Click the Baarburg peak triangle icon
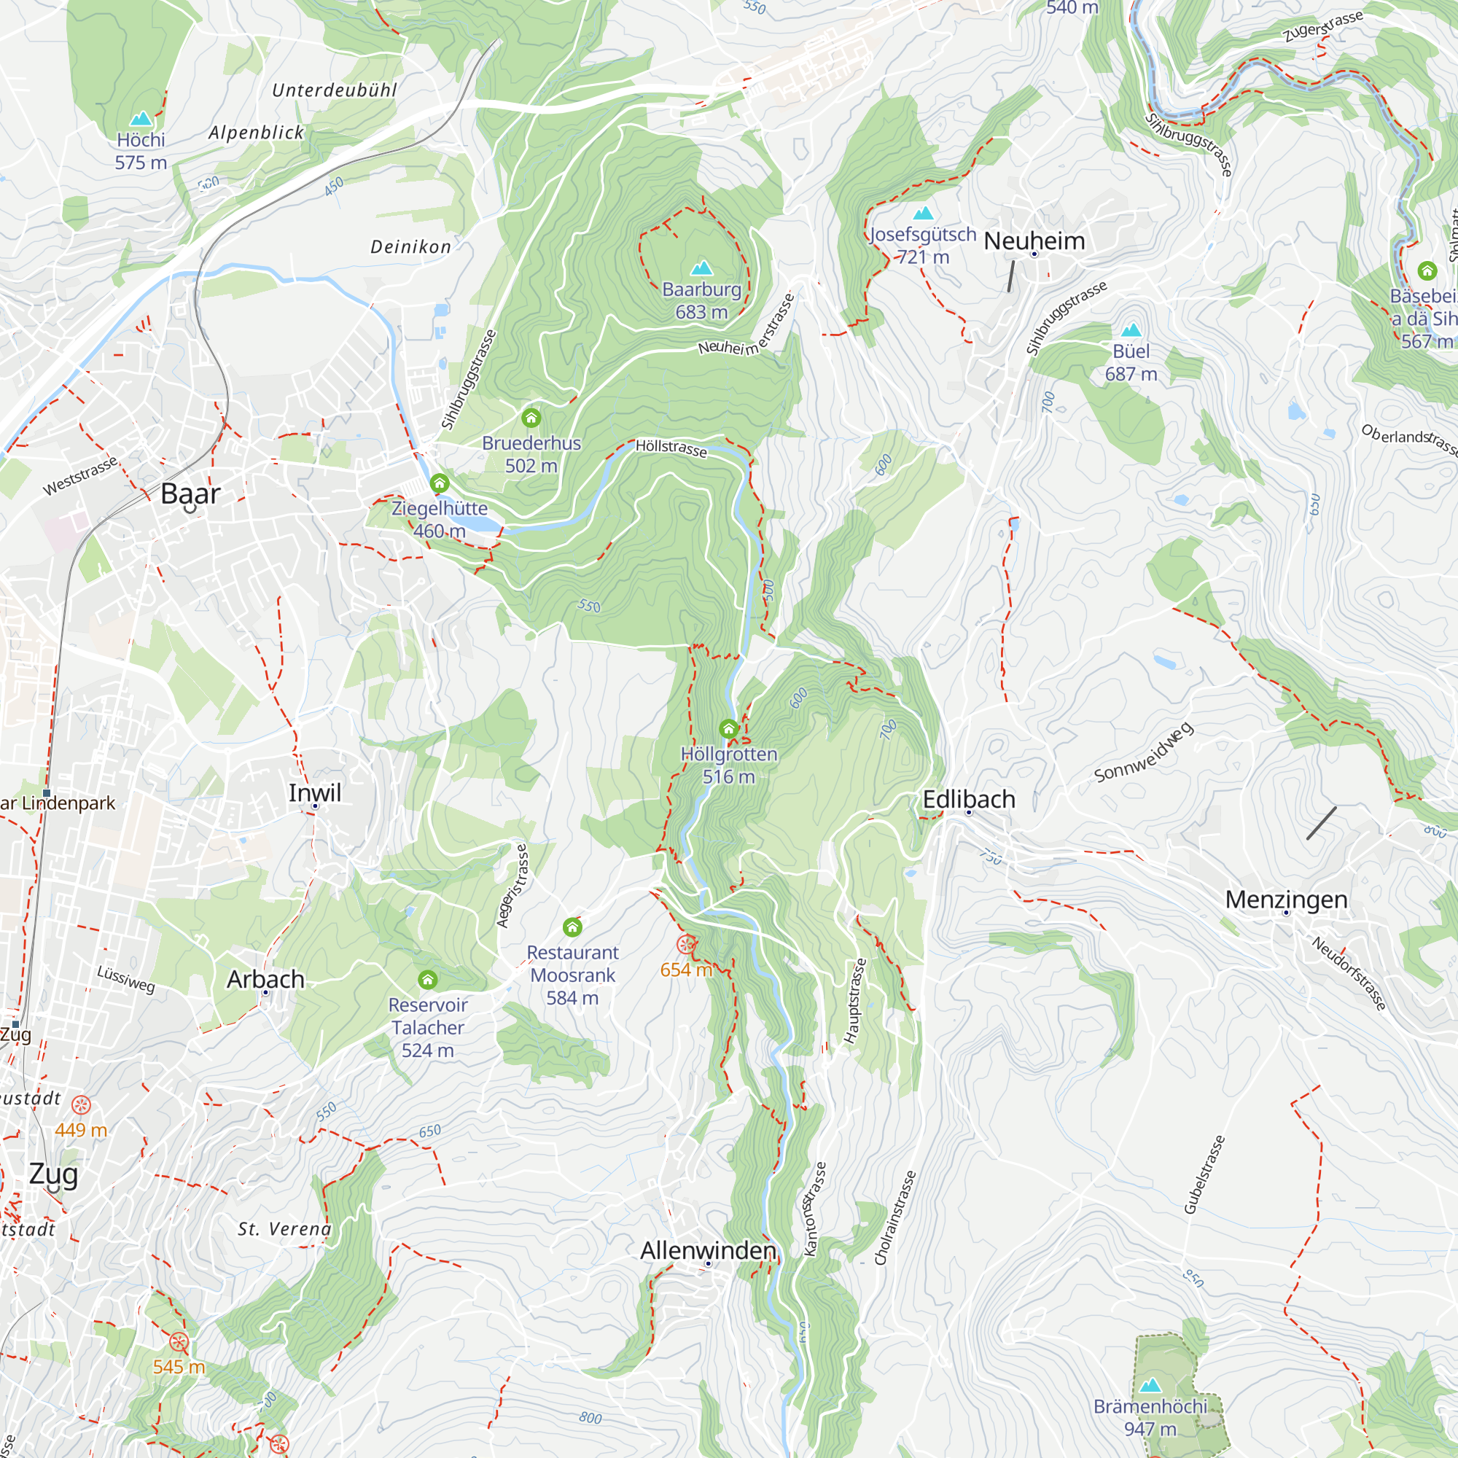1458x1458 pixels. (x=702, y=268)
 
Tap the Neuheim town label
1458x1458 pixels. (x=1034, y=241)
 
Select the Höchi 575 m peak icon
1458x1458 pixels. (x=141, y=120)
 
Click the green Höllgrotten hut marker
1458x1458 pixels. (x=728, y=728)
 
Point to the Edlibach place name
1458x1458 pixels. (x=969, y=799)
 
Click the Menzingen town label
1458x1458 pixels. (x=1286, y=900)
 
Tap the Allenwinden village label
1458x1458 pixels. (x=708, y=1250)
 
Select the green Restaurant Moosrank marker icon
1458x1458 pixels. (x=573, y=927)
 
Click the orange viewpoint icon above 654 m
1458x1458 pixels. (x=686, y=944)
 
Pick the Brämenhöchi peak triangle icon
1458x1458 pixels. (x=1150, y=1386)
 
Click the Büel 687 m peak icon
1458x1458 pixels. (x=1131, y=330)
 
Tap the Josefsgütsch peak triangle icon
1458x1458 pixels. (x=924, y=214)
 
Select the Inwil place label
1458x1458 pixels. (x=315, y=792)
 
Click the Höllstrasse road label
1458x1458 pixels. (x=671, y=448)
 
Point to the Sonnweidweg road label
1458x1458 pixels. (x=1143, y=752)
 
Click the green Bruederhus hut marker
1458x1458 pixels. (x=531, y=417)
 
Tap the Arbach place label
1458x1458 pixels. (x=265, y=979)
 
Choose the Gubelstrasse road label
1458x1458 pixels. (x=1204, y=1175)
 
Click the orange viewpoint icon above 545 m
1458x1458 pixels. (x=179, y=1342)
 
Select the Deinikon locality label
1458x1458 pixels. (x=410, y=247)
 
